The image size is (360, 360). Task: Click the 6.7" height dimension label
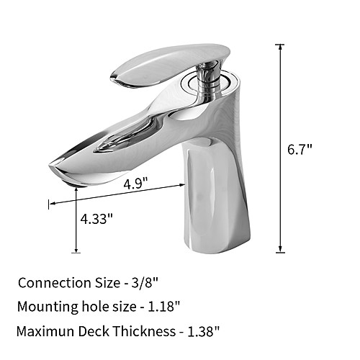(300, 150)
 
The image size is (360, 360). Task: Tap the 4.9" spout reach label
(135, 184)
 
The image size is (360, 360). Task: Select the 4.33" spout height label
(96, 219)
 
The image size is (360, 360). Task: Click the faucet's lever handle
(171, 65)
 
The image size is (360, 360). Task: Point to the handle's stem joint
(208, 79)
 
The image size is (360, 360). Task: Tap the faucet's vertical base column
(216, 196)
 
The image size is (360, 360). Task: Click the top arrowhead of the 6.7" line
(280, 47)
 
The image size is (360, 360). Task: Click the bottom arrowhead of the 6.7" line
(280, 249)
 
